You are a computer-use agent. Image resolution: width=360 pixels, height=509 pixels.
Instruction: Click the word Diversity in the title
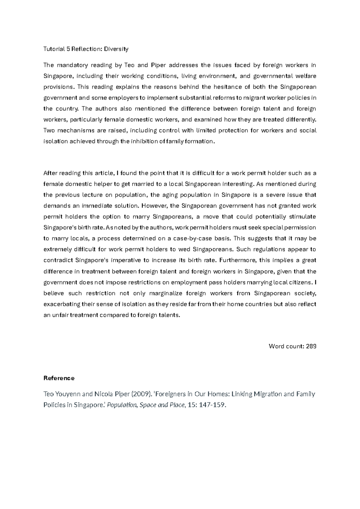(x=116, y=49)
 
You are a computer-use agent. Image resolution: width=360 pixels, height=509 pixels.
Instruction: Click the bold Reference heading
(x=59, y=378)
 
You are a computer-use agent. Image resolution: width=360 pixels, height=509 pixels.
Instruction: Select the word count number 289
(x=311, y=346)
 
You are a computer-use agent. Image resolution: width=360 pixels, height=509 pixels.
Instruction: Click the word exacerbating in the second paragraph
(x=62, y=304)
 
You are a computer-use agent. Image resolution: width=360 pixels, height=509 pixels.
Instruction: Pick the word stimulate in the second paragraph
(x=302, y=217)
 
